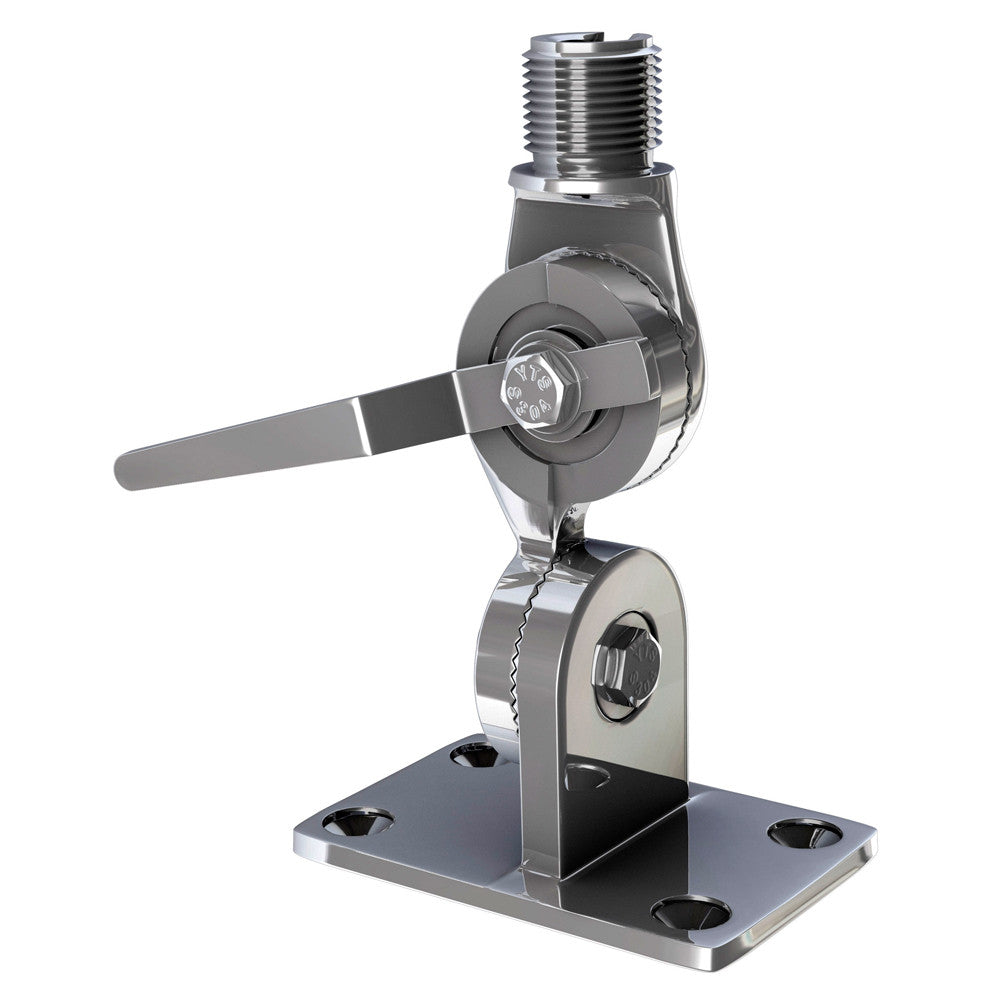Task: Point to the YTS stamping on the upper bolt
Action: tap(536, 389)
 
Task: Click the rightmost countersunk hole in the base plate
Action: tap(805, 832)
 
